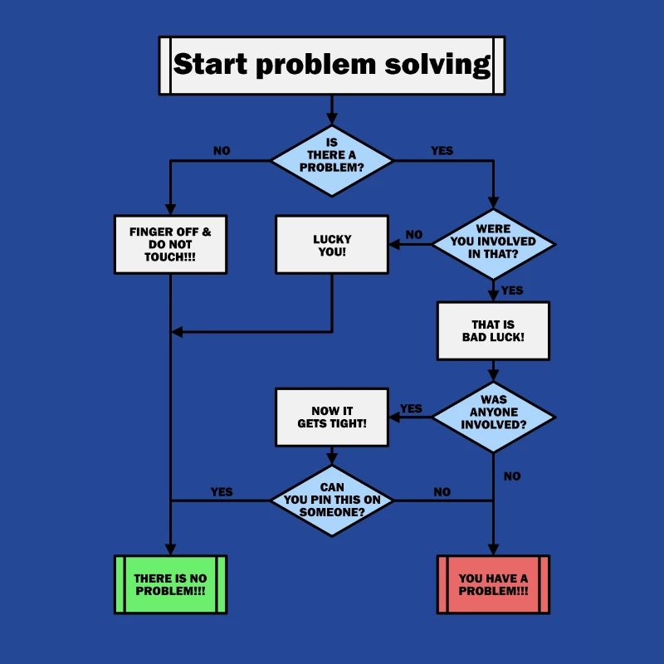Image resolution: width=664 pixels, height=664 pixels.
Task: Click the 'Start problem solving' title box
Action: tap(331, 65)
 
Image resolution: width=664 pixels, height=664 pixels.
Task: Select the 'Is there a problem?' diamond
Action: tap(332, 160)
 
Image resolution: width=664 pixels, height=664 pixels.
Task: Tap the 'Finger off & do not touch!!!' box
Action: tap(170, 244)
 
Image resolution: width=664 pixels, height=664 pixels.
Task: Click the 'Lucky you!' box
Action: tap(332, 244)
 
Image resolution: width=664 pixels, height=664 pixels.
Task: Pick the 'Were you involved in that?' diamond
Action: tap(493, 244)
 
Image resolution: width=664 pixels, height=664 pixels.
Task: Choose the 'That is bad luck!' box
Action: tap(493, 330)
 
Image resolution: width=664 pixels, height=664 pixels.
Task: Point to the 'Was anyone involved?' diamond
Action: tap(493, 417)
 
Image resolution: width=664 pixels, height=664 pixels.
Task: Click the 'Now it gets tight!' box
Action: tap(332, 417)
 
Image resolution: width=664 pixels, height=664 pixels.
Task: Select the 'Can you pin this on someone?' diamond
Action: tap(332, 500)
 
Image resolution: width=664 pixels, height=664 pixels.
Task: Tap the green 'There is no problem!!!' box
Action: tap(170, 584)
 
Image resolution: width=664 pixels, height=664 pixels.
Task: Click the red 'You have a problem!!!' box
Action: tap(493, 584)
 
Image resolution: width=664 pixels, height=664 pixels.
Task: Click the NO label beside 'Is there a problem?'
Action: tap(222, 151)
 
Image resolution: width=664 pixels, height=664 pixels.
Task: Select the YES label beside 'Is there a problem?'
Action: tap(442, 151)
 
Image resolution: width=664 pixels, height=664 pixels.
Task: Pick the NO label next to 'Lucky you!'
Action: tap(413, 234)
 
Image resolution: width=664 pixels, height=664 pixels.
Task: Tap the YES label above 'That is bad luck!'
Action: tap(512, 290)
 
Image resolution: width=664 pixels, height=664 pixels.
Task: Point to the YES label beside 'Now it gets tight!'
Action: tap(411, 408)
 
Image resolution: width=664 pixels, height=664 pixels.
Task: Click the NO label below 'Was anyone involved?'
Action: tap(512, 476)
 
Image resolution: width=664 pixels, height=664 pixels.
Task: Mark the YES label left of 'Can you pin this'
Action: tap(222, 492)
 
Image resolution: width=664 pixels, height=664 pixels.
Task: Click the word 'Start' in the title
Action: tap(211, 65)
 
